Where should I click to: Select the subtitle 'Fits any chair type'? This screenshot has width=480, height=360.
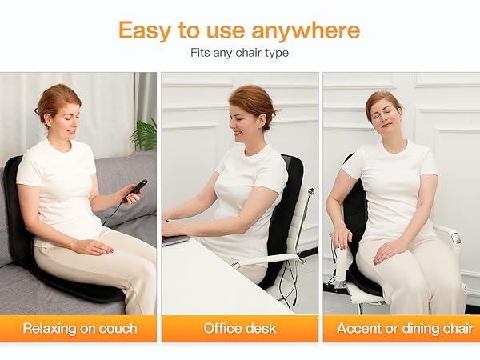pyautogui.click(x=239, y=53)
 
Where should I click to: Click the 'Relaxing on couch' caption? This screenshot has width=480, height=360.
pyautogui.click(x=80, y=328)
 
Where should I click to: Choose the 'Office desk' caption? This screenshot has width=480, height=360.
pyautogui.click(x=239, y=328)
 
